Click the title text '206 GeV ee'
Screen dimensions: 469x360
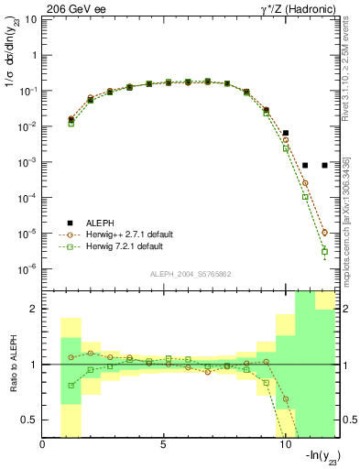pyautogui.click(x=71, y=7)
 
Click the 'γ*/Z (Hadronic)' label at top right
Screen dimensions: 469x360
pyautogui.click(x=295, y=7)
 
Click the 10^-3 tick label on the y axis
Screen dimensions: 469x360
pyautogui.click(x=27, y=161)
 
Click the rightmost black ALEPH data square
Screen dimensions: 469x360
pyautogui.click(x=324, y=165)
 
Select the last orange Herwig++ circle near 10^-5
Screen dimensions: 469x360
pyautogui.click(x=324, y=233)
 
